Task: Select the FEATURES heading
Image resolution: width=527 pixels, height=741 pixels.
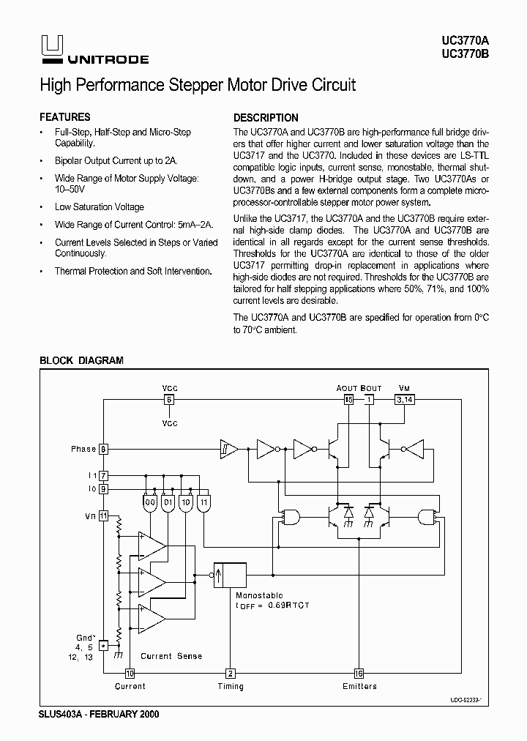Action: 64,117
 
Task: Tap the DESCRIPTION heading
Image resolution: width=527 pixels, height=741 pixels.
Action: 266,118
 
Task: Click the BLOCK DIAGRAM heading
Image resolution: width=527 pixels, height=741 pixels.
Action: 81,360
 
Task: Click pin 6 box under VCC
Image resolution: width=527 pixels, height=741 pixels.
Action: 169,400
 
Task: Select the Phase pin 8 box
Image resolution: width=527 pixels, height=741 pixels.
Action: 104,449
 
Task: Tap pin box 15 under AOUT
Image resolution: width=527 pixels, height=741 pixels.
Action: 348,400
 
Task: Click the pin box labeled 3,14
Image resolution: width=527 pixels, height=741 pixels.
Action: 404,400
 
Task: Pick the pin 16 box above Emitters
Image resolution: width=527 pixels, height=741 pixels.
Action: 359,674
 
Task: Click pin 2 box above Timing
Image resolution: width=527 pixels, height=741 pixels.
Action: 230,674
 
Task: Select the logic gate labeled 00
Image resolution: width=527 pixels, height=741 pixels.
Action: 150,504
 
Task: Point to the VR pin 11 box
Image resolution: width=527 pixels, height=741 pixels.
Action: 104,515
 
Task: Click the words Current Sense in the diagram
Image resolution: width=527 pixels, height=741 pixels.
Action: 171,656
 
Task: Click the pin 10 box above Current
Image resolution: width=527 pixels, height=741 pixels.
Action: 130,674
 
